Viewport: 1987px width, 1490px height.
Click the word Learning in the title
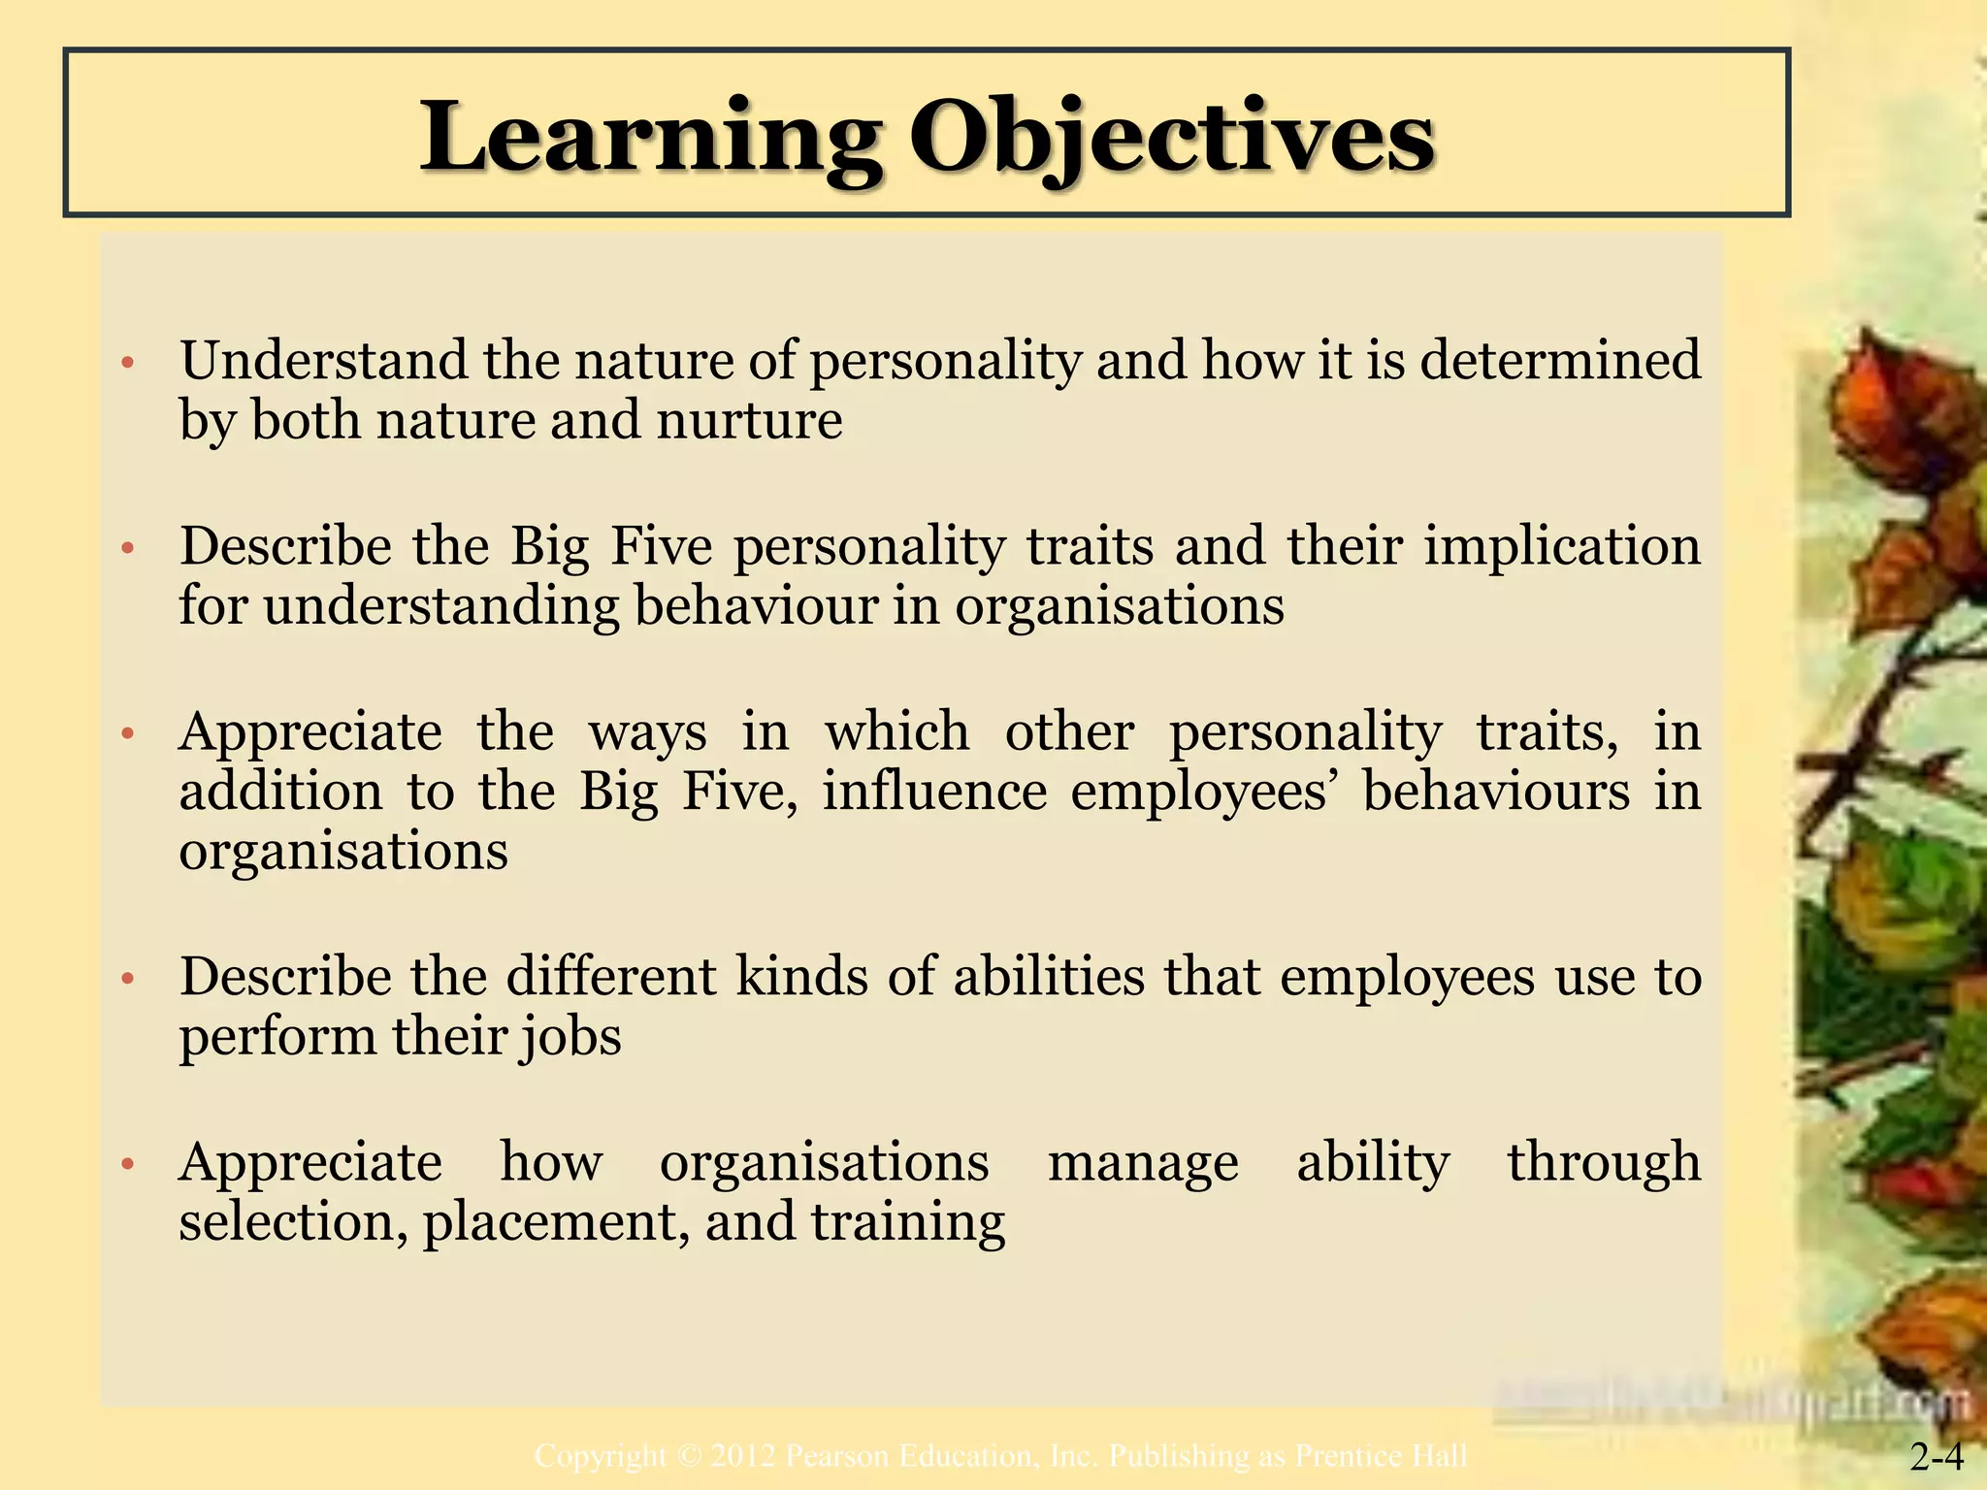click(x=650, y=137)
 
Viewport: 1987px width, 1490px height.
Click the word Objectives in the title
click(x=1171, y=137)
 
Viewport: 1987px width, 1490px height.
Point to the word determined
click(x=1560, y=360)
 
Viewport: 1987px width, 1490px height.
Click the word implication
click(x=1562, y=545)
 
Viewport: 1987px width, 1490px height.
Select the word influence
click(x=934, y=791)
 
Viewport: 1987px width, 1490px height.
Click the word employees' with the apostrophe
click(x=1203, y=793)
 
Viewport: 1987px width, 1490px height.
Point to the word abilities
click(x=1049, y=976)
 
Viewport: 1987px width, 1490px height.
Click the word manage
click(x=1143, y=1162)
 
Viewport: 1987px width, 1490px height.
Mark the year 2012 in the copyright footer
click(x=742, y=1456)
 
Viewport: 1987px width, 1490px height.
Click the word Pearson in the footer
click(x=837, y=1456)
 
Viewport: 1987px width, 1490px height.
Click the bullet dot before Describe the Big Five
click(x=126, y=550)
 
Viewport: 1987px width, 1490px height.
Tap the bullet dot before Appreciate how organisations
click(x=126, y=1163)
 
